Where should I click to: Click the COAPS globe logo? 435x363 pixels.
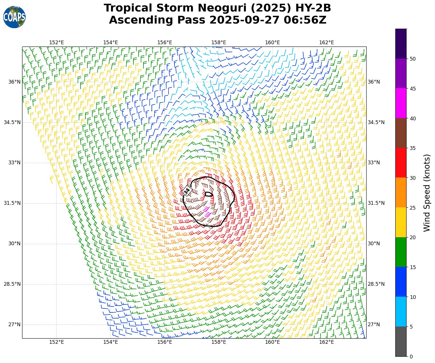(14, 17)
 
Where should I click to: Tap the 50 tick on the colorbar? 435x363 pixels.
(413, 59)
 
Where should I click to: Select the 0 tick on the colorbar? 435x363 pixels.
(411, 357)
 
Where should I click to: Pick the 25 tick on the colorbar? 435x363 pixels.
(413, 208)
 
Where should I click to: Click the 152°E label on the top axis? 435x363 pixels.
(57, 43)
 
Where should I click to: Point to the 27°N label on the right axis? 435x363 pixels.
(374, 325)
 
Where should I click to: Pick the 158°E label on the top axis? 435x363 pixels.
(219, 43)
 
